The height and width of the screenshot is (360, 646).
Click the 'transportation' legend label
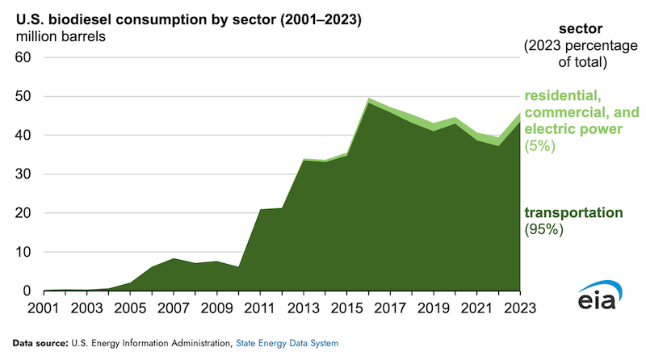(573, 213)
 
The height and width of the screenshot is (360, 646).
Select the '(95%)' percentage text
(543, 230)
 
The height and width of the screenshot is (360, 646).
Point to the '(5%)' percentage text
(539, 148)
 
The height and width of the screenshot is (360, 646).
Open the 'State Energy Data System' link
(287, 343)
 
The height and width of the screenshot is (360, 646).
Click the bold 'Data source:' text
(44, 343)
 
